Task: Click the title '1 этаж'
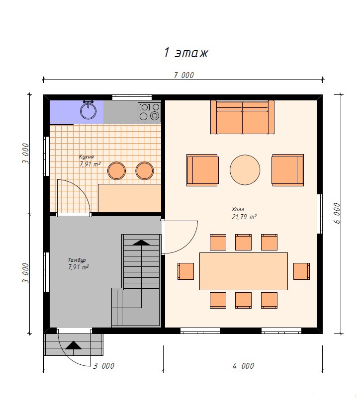[x=186, y=53]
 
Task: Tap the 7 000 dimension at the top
[x=184, y=75]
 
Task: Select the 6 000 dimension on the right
[x=337, y=213]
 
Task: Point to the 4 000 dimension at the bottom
[x=244, y=366]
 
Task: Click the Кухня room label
[x=86, y=157]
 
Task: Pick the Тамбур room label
[x=77, y=260]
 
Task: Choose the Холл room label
[x=238, y=209]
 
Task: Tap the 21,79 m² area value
[x=244, y=217]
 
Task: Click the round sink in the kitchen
[x=89, y=111]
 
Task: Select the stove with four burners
[x=149, y=112]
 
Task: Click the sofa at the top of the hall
[x=242, y=117]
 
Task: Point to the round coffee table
[x=245, y=170]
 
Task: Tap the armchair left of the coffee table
[x=202, y=170]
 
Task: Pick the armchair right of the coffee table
[x=288, y=170]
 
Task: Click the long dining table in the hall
[x=244, y=271]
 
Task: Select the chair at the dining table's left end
[x=185, y=271]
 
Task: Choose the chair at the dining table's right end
[x=301, y=271]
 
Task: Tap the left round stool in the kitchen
[x=116, y=171]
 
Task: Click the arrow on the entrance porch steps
[x=74, y=346]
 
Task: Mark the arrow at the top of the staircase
[x=141, y=243]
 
